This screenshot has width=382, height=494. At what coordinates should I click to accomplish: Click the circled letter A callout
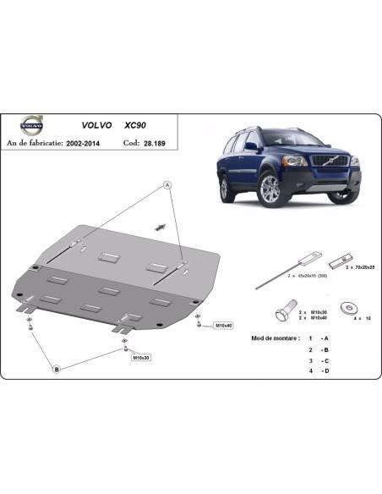[x=167, y=184]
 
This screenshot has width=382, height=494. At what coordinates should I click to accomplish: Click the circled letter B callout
[x=57, y=368]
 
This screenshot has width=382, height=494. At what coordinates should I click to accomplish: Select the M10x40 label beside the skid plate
[x=223, y=325]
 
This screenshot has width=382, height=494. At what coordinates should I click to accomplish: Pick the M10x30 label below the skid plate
[x=140, y=358]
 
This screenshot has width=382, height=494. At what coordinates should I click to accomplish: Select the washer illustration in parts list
[x=347, y=305]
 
